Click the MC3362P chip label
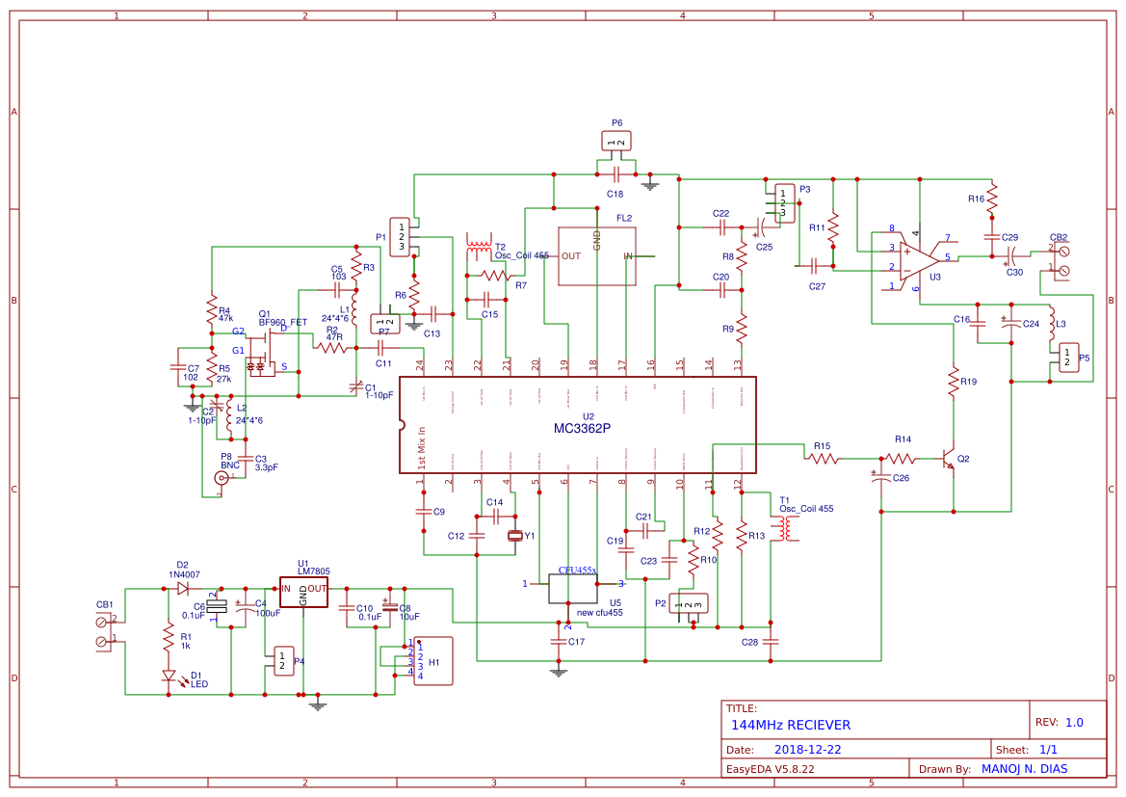point(581,429)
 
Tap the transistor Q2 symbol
point(949,460)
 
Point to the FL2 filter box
point(596,256)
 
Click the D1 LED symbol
point(169,677)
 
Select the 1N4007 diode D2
point(182,587)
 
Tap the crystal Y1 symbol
point(515,537)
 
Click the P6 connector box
point(616,142)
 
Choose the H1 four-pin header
point(433,661)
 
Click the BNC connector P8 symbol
point(222,477)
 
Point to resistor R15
point(823,460)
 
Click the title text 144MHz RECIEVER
point(790,725)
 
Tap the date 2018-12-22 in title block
point(808,750)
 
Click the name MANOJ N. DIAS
point(1030,769)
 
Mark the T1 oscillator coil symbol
point(787,528)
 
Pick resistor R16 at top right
point(991,199)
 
